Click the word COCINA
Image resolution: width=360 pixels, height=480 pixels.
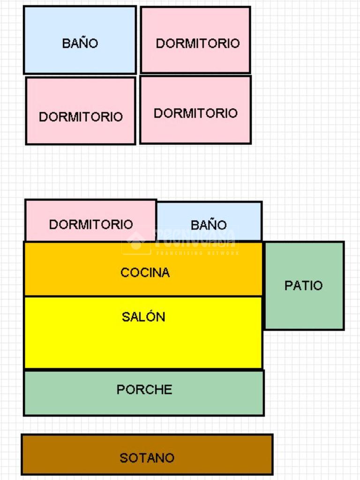click(145, 272)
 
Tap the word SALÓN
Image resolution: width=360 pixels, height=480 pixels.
click(143, 317)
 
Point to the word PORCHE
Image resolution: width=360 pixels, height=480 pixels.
click(144, 390)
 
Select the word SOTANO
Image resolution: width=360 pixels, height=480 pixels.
click(147, 458)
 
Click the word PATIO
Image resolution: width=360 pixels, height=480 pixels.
click(304, 285)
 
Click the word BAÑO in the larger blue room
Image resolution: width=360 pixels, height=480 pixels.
click(80, 43)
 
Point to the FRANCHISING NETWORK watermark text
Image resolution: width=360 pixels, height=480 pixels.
click(197, 253)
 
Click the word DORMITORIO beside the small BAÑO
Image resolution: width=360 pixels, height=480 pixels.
click(91, 225)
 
